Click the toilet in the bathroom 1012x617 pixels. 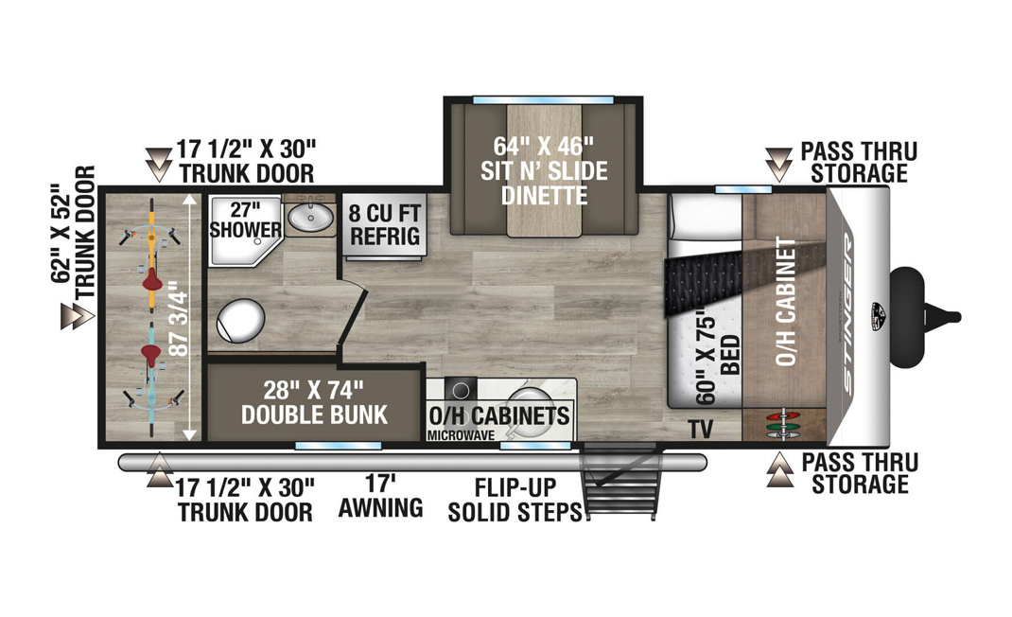[241, 321]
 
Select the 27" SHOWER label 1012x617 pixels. [245, 220]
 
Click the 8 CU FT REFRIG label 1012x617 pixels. [385, 224]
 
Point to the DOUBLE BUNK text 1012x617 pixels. [314, 414]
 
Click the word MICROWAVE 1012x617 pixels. [461, 435]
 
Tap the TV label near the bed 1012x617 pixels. [700, 429]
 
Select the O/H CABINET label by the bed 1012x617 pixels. [785, 301]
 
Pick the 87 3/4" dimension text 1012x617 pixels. [180, 323]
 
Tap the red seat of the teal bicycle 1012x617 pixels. [152, 354]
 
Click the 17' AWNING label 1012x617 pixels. [381, 496]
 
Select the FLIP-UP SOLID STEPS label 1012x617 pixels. [515, 500]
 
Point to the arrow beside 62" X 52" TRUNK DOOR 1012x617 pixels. [78, 316]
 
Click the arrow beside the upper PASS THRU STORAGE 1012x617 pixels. [779, 164]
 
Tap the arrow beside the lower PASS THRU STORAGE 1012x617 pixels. [779, 469]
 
